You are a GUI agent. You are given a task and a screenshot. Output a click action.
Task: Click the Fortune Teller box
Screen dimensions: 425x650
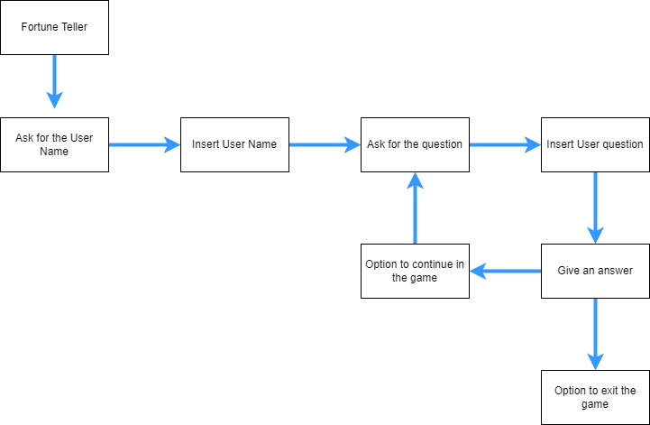[54, 27]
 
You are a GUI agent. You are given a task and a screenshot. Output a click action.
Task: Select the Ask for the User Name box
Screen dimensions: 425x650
[54, 144]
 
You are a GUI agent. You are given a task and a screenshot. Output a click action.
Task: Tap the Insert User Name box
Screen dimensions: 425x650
[234, 144]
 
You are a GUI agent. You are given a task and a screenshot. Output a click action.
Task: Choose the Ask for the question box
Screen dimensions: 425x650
[415, 144]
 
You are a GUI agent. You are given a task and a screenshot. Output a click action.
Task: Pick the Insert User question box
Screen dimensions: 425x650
[595, 144]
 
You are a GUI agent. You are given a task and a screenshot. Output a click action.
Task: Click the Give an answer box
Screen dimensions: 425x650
[595, 271]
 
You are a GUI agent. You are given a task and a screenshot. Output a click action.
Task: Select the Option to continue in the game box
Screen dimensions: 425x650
[415, 271]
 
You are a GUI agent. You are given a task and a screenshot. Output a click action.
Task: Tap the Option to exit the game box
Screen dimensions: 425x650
[595, 397]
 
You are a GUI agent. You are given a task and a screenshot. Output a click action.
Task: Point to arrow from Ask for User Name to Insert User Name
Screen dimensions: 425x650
[144, 144]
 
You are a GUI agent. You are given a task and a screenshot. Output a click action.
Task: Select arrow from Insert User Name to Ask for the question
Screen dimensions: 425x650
[325, 144]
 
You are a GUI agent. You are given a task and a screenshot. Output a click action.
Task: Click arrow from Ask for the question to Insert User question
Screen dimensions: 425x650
[505, 144]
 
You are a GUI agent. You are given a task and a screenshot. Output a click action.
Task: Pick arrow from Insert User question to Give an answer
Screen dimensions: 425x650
[595, 208]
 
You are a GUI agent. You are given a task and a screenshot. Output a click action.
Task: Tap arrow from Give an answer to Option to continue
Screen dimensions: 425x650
[505, 271]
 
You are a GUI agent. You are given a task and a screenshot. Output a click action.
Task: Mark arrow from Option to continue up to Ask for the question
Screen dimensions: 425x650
[415, 208]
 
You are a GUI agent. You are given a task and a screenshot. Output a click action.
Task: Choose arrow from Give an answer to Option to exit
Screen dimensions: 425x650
[595, 334]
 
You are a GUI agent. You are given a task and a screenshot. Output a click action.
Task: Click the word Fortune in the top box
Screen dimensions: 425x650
[37, 27]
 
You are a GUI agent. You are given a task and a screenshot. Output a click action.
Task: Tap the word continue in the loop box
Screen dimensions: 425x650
[435, 264]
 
